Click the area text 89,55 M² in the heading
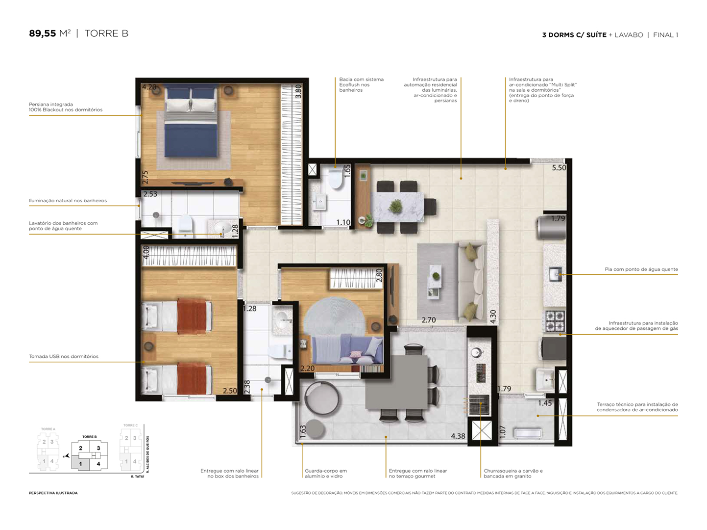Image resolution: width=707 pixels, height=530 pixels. (49, 33)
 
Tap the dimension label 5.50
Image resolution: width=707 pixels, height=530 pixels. (559, 168)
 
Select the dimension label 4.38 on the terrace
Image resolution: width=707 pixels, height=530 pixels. (458, 436)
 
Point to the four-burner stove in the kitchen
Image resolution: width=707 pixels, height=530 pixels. (555, 320)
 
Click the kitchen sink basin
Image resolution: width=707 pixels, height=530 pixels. (556, 273)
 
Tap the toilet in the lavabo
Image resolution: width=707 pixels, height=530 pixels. (336, 180)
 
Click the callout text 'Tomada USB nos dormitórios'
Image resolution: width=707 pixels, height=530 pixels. (64, 356)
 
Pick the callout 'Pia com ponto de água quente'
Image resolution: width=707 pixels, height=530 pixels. (641, 269)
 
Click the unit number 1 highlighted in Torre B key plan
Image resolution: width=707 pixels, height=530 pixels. (81, 463)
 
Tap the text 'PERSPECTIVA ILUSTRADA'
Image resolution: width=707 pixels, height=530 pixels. (53, 493)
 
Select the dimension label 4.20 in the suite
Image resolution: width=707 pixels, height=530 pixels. (149, 87)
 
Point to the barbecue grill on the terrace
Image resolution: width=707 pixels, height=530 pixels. (479, 405)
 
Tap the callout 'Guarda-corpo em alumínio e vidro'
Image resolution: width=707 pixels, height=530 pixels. (325, 474)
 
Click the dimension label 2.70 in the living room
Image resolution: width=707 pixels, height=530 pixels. (429, 320)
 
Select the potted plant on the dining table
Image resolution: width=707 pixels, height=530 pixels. (395, 206)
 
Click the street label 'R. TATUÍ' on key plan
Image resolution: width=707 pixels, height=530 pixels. (137, 477)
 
